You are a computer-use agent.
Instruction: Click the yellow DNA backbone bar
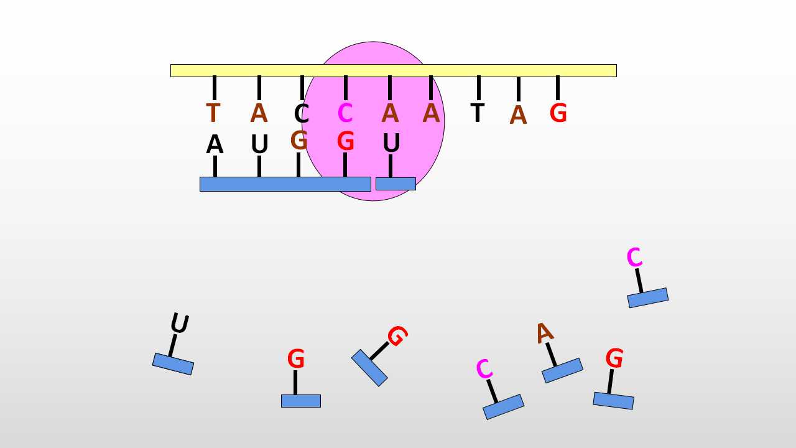(x=394, y=70)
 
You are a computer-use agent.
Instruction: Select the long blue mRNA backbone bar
(x=285, y=184)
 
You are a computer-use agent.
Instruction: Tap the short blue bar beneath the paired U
(x=396, y=184)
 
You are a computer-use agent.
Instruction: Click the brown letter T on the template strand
(x=213, y=113)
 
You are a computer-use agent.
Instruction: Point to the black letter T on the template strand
(x=477, y=113)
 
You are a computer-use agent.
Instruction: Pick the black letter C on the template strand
(x=302, y=113)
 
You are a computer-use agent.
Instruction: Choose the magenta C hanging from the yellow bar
(x=345, y=113)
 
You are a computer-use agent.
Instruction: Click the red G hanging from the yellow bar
(x=558, y=113)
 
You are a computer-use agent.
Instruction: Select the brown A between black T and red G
(x=518, y=114)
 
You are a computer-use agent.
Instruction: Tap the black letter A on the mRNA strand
(x=215, y=144)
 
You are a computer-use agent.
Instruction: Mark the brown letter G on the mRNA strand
(x=299, y=140)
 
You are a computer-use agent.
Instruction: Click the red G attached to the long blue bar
(x=345, y=141)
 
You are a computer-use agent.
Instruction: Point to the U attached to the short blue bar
(x=392, y=142)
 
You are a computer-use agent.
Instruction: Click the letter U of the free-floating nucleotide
(x=180, y=323)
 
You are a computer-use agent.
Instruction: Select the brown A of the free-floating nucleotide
(x=544, y=333)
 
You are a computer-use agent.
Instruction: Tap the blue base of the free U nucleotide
(x=173, y=364)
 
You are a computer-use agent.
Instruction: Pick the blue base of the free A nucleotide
(x=563, y=370)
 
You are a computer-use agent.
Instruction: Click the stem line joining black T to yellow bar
(x=479, y=88)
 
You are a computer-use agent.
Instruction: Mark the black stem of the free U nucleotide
(x=173, y=345)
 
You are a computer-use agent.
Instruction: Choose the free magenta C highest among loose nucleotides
(x=634, y=257)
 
